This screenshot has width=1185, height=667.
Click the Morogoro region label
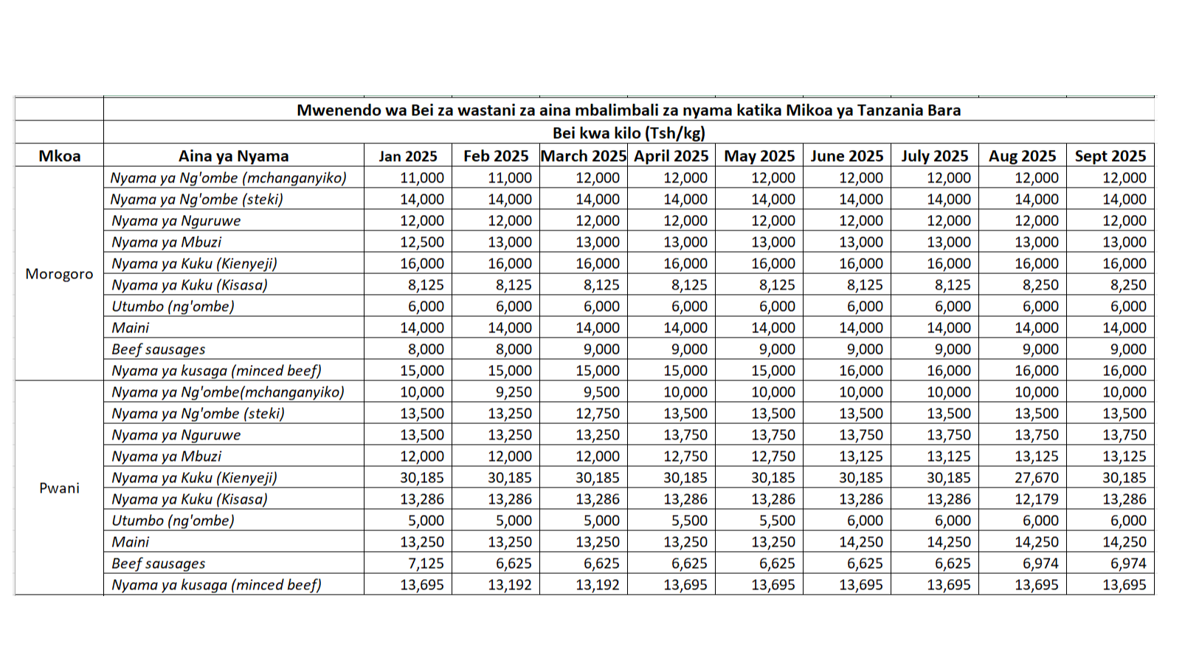point(59,274)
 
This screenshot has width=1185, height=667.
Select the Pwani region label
point(59,488)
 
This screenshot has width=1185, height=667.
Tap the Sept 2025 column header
point(1110,156)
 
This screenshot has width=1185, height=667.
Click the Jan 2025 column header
point(408,156)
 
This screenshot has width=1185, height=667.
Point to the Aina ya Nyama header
point(233,156)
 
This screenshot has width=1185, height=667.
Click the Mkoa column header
point(59,156)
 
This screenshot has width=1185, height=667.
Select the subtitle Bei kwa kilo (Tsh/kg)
point(629,133)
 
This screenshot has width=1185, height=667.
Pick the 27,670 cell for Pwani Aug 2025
point(1036,478)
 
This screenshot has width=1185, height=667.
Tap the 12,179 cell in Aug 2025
point(1036,499)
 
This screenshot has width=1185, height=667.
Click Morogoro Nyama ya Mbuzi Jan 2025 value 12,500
point(422,242)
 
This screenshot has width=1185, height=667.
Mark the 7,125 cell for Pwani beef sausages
point(426,564)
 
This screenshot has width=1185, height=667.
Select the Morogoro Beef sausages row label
point(158,349)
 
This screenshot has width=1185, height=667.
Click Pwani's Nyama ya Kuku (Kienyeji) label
point(194,478)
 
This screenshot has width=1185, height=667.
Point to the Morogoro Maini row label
point(130,328)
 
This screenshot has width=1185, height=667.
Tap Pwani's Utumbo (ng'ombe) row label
point(173,521)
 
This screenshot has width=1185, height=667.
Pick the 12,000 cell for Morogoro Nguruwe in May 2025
point(773,221)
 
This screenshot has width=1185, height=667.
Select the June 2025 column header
point(846,156)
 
